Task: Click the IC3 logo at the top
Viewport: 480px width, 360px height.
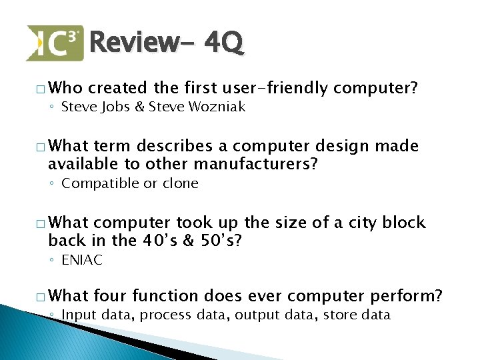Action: tap(55, 43)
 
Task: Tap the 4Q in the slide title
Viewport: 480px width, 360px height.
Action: tap(224, 43)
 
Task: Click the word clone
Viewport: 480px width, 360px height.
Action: tap(181, 183)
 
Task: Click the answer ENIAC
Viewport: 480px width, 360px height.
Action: tap(82, 261)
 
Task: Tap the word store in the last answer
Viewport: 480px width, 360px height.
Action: tap(340, 315)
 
